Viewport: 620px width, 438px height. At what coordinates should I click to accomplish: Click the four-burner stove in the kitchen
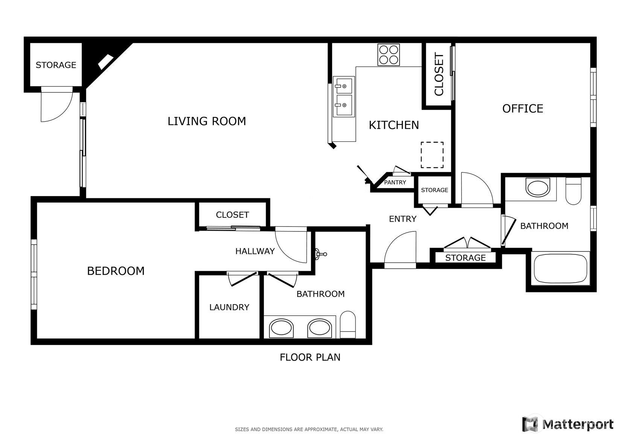[388, 55]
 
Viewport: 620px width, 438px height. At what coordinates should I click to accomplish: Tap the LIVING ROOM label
[207, 121]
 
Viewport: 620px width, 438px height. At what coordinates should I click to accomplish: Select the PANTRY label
[395, 182]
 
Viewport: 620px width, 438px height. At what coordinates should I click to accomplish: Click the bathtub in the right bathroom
[561, 268]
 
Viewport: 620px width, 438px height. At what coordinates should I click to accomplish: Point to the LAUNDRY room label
[229, 307]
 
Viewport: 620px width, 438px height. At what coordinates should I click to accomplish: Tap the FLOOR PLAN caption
[310, 357]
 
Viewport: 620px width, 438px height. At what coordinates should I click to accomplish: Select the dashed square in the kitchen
[432, 155]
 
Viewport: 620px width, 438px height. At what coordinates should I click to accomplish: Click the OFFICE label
[523, 108]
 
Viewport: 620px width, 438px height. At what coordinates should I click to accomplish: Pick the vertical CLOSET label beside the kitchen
[439, 74]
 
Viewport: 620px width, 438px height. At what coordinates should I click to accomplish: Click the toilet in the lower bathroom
[347, 325]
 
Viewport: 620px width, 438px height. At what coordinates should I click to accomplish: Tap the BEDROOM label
[116, 271]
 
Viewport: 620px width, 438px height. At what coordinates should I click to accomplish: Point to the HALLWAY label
[255, 251]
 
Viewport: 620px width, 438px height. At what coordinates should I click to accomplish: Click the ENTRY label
[403, 219]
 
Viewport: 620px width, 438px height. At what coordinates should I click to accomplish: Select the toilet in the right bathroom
[573, 191]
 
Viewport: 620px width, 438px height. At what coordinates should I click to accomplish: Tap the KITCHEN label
[394, 125]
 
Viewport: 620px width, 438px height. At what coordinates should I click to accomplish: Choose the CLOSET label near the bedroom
[232, 215]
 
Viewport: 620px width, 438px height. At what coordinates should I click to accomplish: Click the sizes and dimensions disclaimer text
[309, 429]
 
